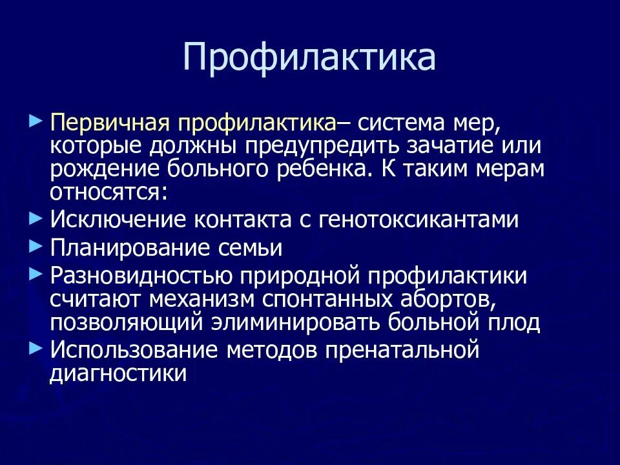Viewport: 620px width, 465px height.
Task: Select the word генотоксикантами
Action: tap(418, 219)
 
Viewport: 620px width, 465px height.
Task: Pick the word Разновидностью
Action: tap(141, 276)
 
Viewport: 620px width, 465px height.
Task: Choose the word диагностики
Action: tap(118, 373)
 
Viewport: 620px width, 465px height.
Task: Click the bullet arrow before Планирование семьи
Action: tap(36, 245)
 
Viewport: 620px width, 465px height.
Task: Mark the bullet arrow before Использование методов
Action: tap(36, 348)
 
